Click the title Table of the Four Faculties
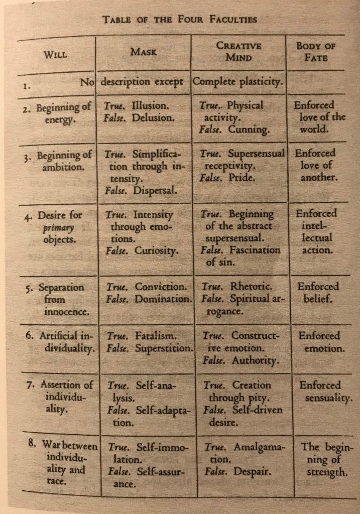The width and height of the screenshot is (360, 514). click(x=180, y=20)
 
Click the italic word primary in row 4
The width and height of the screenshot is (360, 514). click(x=53, y=228)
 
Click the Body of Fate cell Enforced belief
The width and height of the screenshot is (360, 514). click(x=318, y=293)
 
